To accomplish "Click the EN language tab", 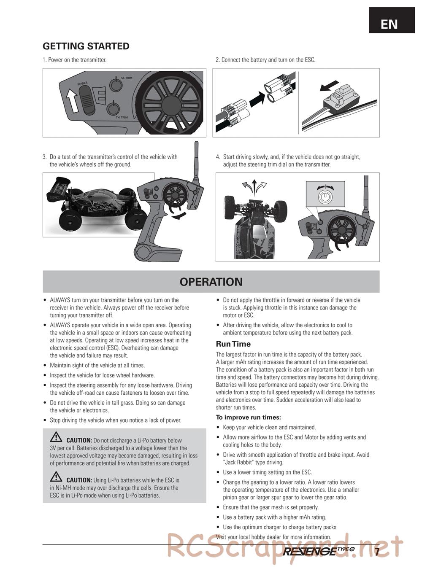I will [389, 24].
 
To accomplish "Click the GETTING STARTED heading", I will [86, 46].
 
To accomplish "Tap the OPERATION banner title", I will [211, 282].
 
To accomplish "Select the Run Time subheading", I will [233, 344].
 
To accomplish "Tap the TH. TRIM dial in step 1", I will [113, 108].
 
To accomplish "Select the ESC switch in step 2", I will [339, 100].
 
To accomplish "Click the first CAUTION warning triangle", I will [56, 437].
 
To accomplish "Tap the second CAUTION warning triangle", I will [56, 477].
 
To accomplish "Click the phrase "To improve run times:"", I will [248, 417].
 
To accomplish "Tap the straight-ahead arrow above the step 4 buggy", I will [254, 185].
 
